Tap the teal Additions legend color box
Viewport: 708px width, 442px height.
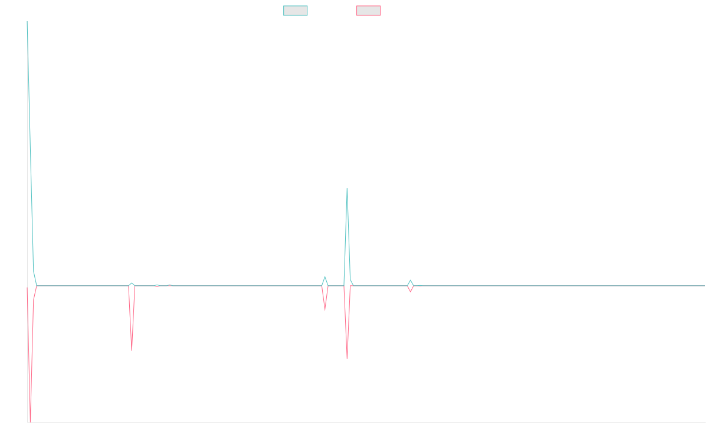point(296,11)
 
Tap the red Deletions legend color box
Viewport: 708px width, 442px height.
point(369,11)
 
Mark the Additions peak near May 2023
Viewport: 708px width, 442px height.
point(347,189)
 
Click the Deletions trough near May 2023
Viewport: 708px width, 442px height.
point(347,357)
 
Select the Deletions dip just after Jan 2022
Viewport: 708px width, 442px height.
point(132,351)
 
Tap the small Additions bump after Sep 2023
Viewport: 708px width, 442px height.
point(410,280)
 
